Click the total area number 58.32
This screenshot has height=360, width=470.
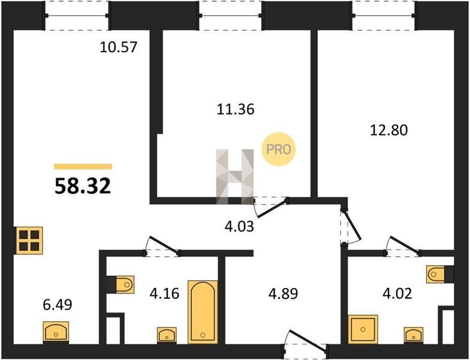click(x=83, y=186)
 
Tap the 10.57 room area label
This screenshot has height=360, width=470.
click(x=119, y=47)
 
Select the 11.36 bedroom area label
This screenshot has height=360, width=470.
click(x=236, y=109)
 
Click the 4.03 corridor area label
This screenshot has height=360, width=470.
click(x=240, y=226)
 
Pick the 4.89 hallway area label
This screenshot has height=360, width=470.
click(x=283, y=294)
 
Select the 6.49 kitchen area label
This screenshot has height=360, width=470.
click(x=58, y=305)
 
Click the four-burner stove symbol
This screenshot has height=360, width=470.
click(x=29, y=241)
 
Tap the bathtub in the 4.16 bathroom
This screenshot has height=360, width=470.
click(x=203, y=312)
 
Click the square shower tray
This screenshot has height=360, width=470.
click(x=363, y=329)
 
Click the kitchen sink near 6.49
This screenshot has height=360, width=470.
click(x=56, y=332)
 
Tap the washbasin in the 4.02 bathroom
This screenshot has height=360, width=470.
click(x=414, y=335)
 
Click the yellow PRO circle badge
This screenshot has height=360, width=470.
click(x=279, y=149)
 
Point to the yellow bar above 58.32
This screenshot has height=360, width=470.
click(x=83, y=167)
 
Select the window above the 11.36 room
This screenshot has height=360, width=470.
click(x=230, y=16)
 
